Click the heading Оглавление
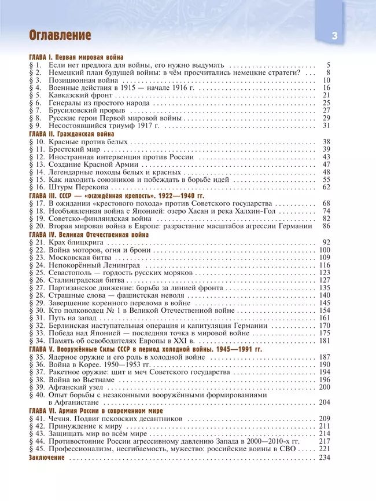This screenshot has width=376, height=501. [x=60, y=36]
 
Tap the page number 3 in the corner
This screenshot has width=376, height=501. [x=335, y=36]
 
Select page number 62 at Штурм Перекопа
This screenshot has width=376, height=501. [x=326, y=188]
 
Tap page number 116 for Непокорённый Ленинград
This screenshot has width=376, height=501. [x=324, y=265]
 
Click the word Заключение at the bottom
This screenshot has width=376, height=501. [x=47, y=457]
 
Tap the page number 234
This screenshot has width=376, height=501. [x=324, y=457]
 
